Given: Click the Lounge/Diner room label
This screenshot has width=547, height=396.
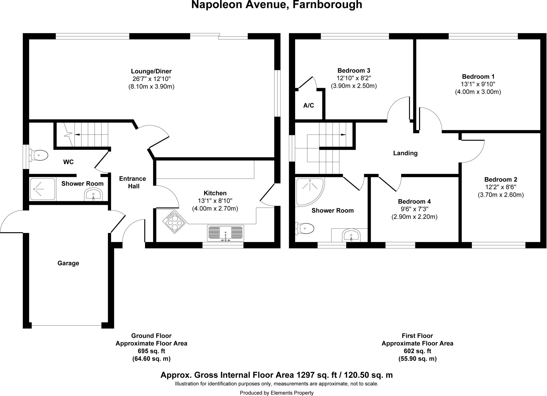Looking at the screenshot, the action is [151, 71].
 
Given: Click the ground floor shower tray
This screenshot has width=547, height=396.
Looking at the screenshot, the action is [42, 189].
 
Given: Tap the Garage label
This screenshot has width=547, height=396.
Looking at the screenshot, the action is [68, 263].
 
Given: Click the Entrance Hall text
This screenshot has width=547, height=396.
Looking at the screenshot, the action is [133, 182].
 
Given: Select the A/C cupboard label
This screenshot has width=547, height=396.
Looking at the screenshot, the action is [309, 105].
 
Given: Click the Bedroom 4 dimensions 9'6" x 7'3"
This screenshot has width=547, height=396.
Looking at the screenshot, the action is [414, 209].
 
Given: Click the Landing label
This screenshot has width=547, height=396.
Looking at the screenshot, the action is [405, 153].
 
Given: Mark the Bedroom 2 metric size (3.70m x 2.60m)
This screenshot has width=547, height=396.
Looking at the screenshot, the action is [501, 195].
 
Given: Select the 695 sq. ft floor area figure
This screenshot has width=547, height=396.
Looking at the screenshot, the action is [151, 351].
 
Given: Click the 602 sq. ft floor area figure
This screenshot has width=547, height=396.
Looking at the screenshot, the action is [417, 351].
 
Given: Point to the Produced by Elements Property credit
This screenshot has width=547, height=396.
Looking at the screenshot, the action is [277, 393].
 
